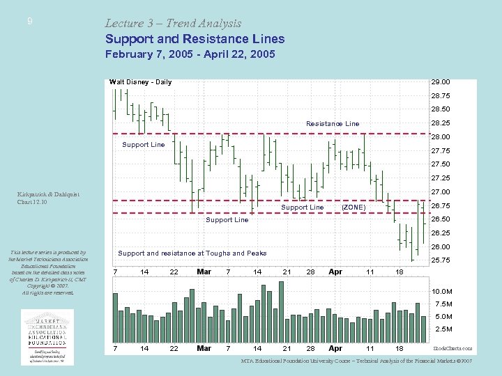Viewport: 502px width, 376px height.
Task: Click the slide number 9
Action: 30,22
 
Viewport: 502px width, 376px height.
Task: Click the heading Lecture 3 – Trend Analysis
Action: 173,23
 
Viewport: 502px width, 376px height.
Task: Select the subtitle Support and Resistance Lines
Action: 195,39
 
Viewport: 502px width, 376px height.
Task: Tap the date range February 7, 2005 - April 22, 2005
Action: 190,54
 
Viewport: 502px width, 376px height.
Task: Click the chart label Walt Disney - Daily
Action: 140,82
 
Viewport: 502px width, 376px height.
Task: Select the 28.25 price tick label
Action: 440,123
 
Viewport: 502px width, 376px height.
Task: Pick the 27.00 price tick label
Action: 440,191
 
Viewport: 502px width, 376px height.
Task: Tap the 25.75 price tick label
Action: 440,260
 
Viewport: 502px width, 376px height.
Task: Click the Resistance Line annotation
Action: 333,124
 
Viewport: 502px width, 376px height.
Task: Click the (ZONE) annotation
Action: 353,207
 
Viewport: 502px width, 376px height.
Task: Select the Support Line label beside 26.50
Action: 227,220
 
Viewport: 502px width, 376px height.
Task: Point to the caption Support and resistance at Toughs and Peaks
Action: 192,253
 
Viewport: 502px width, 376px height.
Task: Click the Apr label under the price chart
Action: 335,272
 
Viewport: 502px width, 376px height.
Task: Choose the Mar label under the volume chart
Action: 204,348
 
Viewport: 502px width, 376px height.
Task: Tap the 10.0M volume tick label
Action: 443,291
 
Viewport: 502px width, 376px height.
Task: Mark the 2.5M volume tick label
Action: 443,329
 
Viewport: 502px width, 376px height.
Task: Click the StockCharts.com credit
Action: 452,348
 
